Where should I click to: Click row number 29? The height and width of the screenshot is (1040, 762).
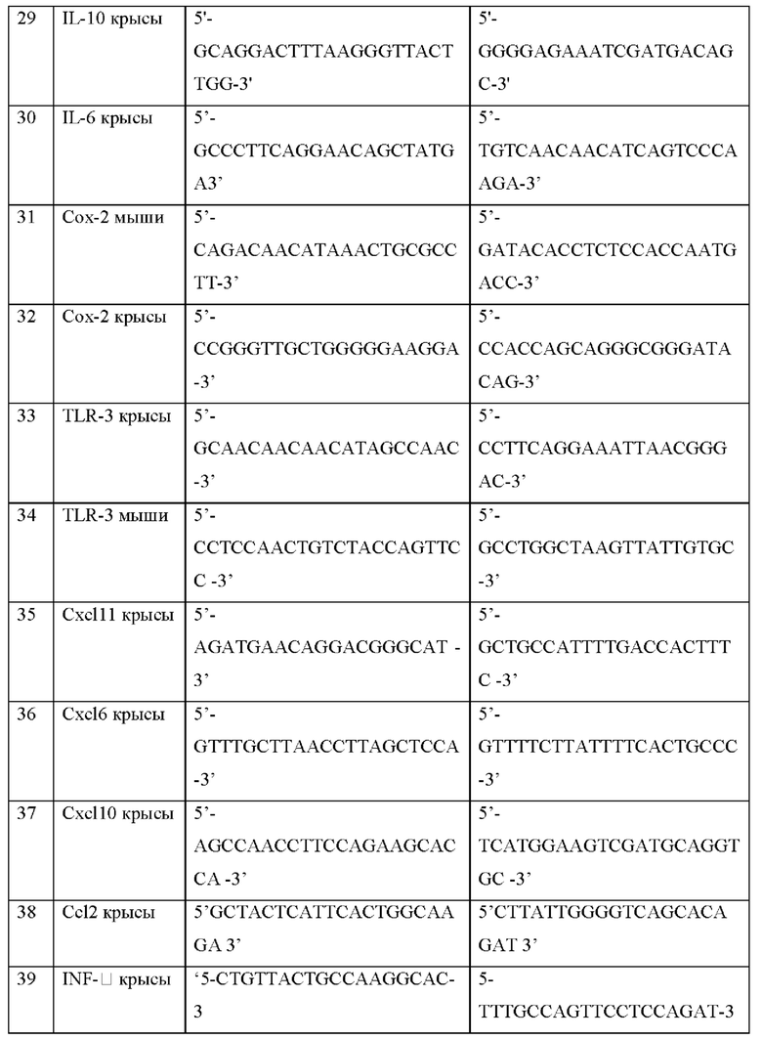[x=28, y=19]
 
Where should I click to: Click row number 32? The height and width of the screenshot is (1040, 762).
[x=28, y=318]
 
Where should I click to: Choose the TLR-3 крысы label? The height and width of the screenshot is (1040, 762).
[x=109, y=416]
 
